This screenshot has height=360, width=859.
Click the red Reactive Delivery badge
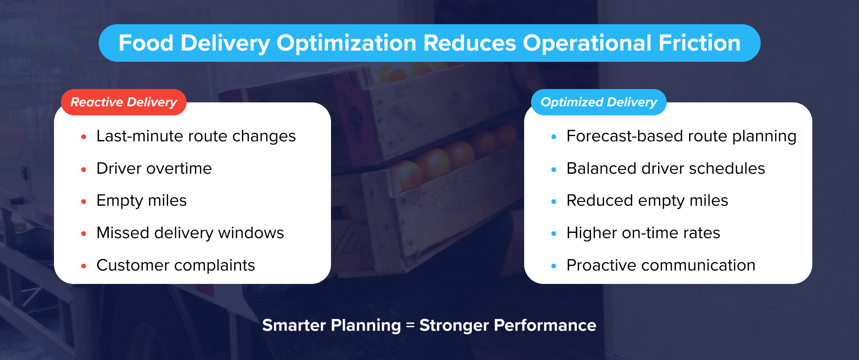pyautogui.click(x=124, y=102)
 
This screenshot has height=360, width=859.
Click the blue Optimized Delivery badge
pyautogui.click(x=598, y=102)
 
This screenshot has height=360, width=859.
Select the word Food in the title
pyautogui.click(x=146, y=43)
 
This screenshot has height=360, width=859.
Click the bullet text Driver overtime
pyautogui.click(x=154, y=169)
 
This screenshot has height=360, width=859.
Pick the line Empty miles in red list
pyautogui.click(x=141, y=201)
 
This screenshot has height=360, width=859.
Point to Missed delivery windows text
pyautogui.click(x=190, y=233)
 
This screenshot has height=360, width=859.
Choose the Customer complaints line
pyautogui.click(x=175, y=265)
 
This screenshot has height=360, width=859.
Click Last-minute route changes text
pyautogui.click(x=196, y=136)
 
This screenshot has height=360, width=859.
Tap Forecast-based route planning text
pyautogui.click(x=681, y=136)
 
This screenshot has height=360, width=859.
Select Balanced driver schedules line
pyautogui.click(x=665, y=169)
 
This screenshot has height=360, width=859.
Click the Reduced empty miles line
pyautogui.click(x=647, y=201)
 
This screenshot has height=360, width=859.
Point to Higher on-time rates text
pyautogui.click(x=643, y=233)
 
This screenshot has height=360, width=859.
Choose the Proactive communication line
pyautogui.click(x=661, y=265)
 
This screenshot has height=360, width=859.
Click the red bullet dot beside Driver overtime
pyautogui.click(x=84, y=169)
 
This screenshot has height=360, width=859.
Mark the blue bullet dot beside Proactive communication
pyautogui.click(x=554, y=266)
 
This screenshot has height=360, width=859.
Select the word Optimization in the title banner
pyautogui.click(x=346, y=43)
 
